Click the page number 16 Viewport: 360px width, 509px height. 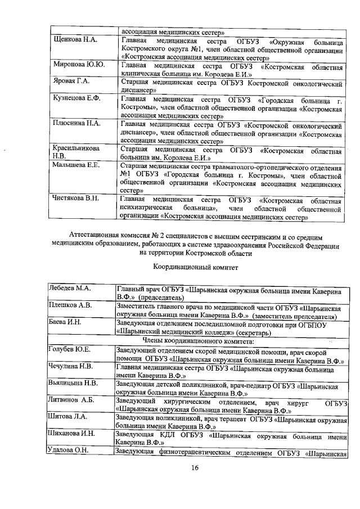click(195, 470)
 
